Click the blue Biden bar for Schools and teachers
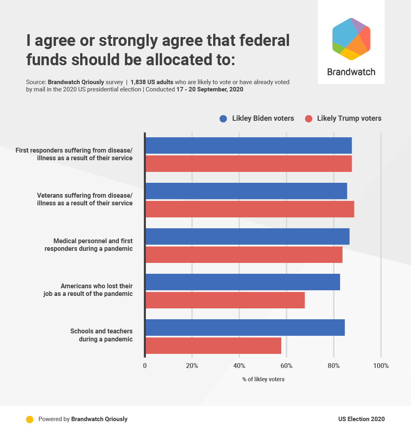245,327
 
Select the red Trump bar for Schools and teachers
213,346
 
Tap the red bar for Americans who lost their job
225,300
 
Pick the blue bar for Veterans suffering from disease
246,191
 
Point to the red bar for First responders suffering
249,164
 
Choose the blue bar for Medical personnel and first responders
247,236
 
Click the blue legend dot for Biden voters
224,118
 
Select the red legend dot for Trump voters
309,118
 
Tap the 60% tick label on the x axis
286,366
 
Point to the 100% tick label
381,366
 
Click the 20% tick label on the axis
192,366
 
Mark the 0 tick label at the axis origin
145,366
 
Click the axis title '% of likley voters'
263,379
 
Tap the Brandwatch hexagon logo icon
351,39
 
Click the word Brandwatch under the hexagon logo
351,72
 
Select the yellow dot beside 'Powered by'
29,419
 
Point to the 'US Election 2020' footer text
361,419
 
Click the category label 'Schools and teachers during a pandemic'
102,335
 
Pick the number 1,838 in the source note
139,82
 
